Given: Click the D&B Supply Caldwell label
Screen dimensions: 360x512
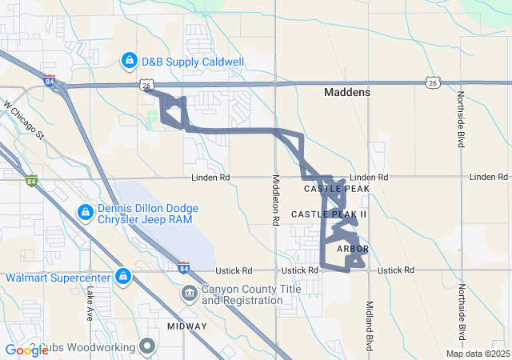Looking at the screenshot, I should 193,61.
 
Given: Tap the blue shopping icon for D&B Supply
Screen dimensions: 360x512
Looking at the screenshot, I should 129,61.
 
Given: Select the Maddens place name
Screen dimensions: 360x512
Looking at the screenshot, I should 347,93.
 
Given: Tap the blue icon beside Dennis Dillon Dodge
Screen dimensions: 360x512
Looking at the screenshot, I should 85,212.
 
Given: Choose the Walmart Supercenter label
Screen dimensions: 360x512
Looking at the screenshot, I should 58,278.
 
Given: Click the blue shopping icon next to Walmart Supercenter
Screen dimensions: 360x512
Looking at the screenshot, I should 122,277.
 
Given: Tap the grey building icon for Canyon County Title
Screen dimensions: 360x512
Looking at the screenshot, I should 189,293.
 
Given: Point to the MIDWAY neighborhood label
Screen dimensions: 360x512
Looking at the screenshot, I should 187,326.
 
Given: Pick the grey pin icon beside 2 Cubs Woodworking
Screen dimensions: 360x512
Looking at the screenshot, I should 146,346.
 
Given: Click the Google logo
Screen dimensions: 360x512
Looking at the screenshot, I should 26,350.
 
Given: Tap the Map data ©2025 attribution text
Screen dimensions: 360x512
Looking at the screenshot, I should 477,354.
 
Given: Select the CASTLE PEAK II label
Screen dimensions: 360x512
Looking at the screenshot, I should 329,214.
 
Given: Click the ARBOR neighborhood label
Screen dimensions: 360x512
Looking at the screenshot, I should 353,250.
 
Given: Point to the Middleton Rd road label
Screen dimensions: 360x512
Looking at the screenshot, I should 275,199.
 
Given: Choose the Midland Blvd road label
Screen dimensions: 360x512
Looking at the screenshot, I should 370,325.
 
